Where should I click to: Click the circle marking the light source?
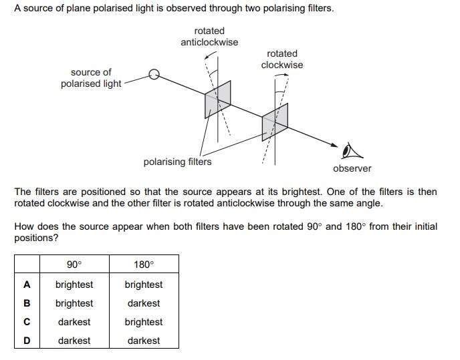coord(154,74)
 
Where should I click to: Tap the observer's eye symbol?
coord(352,151)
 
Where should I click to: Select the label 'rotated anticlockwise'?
coord(209,36)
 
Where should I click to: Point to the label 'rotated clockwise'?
coord(282,59)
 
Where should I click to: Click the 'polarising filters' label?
coord(177,162)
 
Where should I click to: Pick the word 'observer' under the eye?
coord(352,168)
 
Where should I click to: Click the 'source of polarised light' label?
coord(91,78)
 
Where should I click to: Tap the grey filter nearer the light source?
coord(218,100)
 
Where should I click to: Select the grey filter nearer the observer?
coord(275,122)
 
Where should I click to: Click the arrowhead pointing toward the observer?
coord(334,145)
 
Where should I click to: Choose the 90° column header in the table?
coord(74,264)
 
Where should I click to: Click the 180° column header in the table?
coord(144,264)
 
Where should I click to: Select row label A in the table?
coord(27,285)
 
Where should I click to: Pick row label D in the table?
coord(27,341)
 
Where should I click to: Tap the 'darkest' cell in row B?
coord(144,303)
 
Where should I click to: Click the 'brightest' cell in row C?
coord(144,322)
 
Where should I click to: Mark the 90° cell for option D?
coord(74,341)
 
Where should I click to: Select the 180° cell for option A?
coord(144,285)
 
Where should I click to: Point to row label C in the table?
coord(27,322)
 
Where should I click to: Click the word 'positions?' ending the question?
coord(36,238)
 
